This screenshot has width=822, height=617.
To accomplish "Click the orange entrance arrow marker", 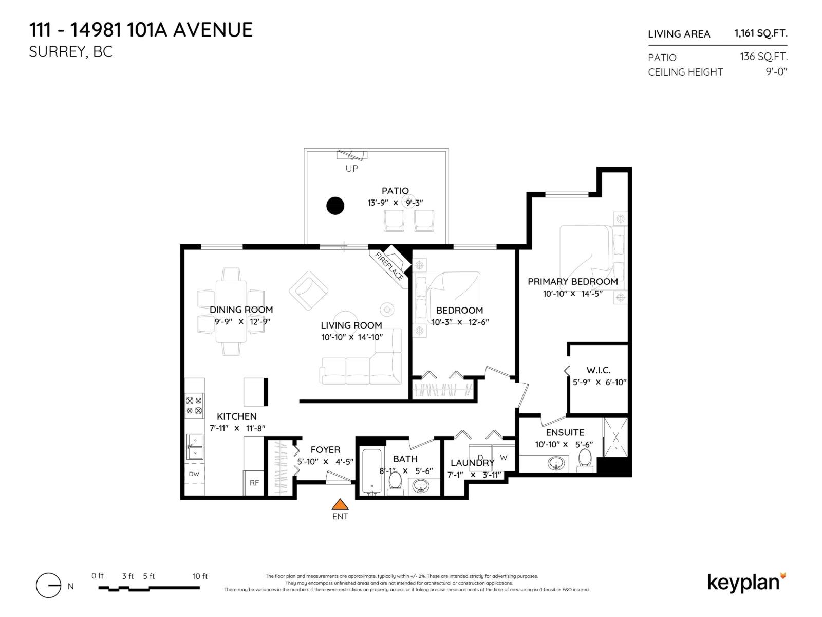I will point(339,504).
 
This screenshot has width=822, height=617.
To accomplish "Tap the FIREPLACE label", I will point(389,266).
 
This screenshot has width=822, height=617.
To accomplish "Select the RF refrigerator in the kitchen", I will point(254,483).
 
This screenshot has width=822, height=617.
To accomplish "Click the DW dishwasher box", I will point(194,474).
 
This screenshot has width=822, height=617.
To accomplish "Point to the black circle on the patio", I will point(335,206).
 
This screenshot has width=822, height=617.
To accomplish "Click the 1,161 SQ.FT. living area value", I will point(760,33).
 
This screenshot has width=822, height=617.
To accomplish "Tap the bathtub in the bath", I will point(371,470).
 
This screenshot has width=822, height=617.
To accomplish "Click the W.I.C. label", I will point(598,370).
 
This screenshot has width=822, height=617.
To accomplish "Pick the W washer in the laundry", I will point(503,457).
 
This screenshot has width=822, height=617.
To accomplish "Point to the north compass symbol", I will point(49,586).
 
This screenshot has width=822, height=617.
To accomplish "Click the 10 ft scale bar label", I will point(200,576).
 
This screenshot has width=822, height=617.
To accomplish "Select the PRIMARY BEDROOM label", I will point(572,282).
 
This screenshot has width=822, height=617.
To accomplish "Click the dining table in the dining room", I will point(231,312).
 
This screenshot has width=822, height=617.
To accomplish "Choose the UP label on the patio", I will point(351,169).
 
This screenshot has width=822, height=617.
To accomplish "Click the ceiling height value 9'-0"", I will point(776,72).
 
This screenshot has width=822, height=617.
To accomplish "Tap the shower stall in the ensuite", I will point(615,437).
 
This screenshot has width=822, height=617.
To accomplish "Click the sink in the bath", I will point(421,485).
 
